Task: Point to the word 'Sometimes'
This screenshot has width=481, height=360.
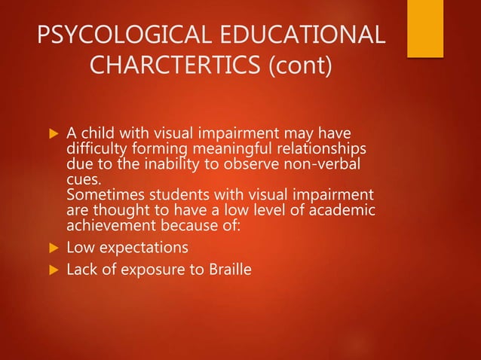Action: (103, 191)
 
